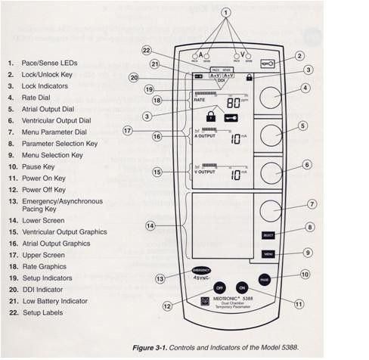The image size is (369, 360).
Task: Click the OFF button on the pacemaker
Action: point(219,289)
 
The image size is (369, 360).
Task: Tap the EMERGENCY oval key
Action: point(201,269)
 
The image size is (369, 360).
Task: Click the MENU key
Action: point(268,253)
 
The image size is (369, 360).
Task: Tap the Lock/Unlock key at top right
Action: point(268,65)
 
